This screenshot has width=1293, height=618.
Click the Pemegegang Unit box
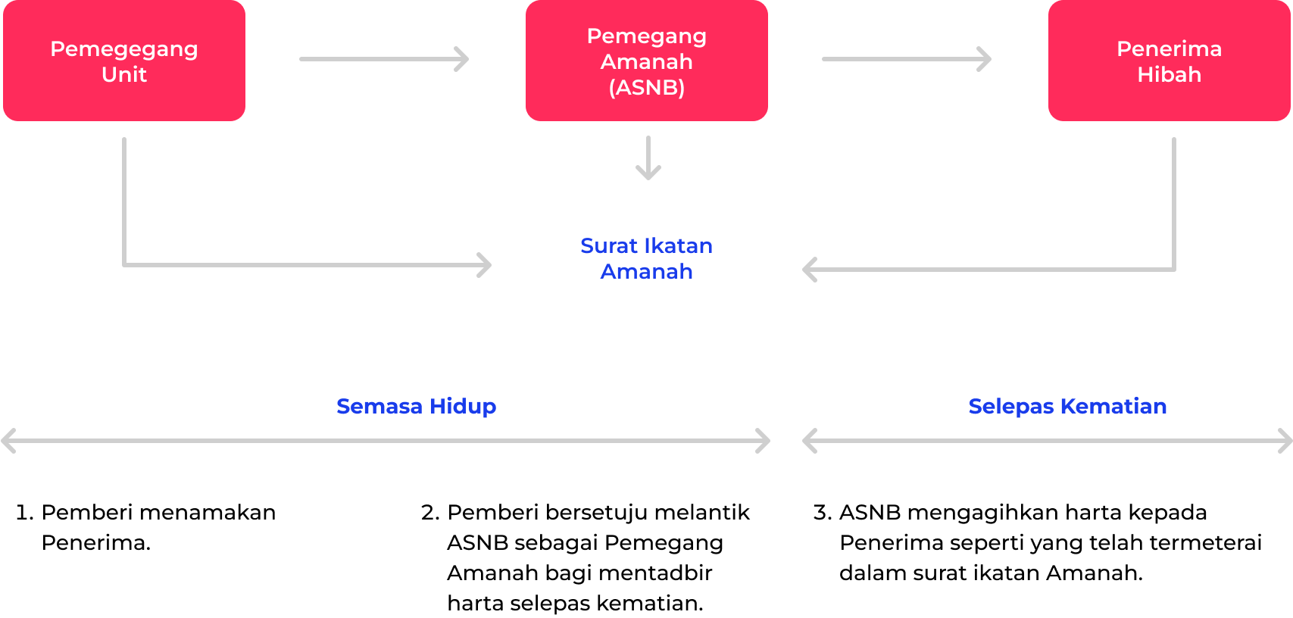[x=124, y=61]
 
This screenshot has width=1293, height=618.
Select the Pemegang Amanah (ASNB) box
[x=646, y=61]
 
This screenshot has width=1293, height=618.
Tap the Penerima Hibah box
[x=1169, y=61]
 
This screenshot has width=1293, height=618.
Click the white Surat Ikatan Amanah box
[x=646, y=257]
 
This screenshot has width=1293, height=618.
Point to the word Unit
[x=124, y=74]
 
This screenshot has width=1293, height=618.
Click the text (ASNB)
[x=646, y=87]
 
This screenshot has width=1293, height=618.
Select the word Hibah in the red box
[x=1169, y=74]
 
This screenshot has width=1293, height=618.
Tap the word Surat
[x=609, y=245]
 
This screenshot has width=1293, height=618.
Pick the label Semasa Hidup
[x=416, y=406]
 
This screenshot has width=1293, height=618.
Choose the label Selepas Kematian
[x=1067, y=406]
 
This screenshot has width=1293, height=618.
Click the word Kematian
[x=1113, y=406]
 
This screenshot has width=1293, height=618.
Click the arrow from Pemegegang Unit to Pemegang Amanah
[x=384, y=59]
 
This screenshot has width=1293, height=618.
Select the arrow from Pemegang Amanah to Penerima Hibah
[x=907, y=59]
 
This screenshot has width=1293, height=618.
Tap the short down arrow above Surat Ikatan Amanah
[x=648, y=158]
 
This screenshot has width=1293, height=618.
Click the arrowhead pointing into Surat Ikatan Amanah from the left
[x=485, y=265]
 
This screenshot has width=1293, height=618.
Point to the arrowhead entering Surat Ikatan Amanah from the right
[x=810, y=270]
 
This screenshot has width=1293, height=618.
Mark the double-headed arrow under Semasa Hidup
[x=386, y=441]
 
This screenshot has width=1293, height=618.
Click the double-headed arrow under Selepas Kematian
[x=1048, y=441]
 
